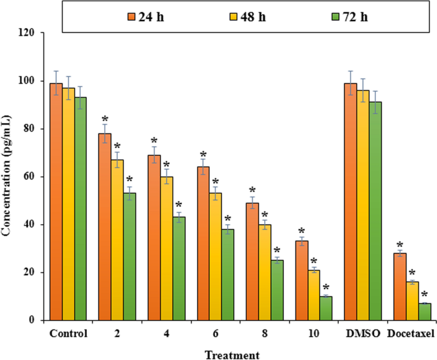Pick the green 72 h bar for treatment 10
pos(326,308)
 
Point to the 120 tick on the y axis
pos(31,33)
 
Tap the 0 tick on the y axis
pos(36,320)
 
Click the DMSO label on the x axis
pos(362,334)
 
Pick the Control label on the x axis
pos(68,334)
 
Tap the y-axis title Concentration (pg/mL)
pos(7,176)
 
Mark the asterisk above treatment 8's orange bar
pos(252,191)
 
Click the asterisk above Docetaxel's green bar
pos(424,294)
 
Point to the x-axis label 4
pos(166,334)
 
